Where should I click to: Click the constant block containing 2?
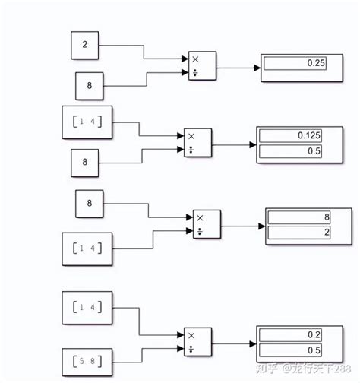(x=84, y=46)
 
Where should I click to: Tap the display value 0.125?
(x=291, y=135)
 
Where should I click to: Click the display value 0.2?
(x=291, y=334)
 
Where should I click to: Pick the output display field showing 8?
(x=298, y=217)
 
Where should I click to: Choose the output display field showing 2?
(x=298, y=232)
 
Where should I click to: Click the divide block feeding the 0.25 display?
(x=202, y=66)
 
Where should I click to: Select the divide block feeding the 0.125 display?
(x=198, y=141)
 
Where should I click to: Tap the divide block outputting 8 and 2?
(x=207, y=223)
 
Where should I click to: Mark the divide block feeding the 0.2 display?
(x=197, y=340)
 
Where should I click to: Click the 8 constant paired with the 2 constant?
(x=90, y=85)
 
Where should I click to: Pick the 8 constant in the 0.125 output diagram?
(x=86, y=162)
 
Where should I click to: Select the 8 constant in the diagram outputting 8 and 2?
(x=90, y=204)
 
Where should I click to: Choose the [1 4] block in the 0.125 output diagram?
(x=87, y=122)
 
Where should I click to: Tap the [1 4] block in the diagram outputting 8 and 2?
(x=87, y=247)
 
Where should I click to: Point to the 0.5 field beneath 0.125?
(x=291, y=150)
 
